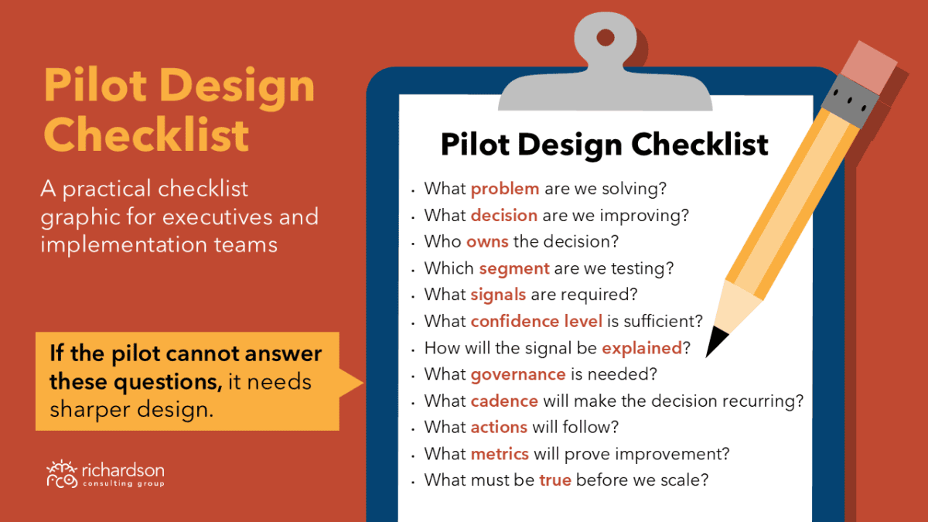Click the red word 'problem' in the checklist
[505, 189]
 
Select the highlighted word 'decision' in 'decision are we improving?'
[504, 216]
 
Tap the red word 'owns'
[487, 241]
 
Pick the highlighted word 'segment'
[514, 269]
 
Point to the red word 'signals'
[498, 295]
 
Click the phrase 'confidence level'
[537, 321]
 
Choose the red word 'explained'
[642, 349]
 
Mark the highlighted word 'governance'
[518, 375]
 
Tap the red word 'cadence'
[504, 401]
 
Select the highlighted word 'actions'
[499, 427]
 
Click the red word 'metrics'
[500, 454]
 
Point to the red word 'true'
[555, 480]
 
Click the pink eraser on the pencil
[868, 67]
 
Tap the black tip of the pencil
[715, 341]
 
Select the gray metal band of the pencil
[850, 101]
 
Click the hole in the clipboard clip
[606, 38]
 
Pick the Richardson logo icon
[62, 473]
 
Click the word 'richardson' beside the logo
[123, 471]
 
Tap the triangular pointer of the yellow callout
[351, 383]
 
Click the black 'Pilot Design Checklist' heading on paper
[605, 145]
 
